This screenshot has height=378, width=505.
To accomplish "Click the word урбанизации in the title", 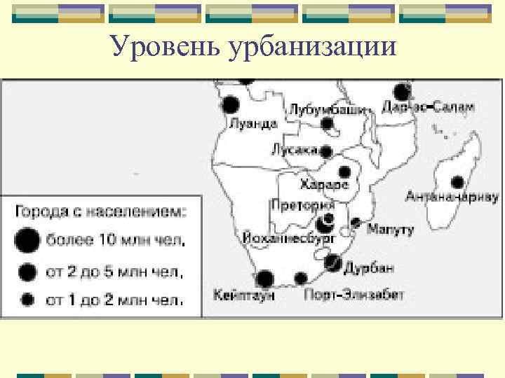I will coord(311,48).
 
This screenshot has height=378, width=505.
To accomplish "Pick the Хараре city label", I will coord(324,185).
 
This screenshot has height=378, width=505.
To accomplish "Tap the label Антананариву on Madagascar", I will coord(452,197).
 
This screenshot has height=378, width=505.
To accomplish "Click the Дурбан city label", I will coord(369,267).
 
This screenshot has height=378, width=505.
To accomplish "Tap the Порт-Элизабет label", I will coord(353,295).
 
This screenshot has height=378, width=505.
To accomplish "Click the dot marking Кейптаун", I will coord(264,279).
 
